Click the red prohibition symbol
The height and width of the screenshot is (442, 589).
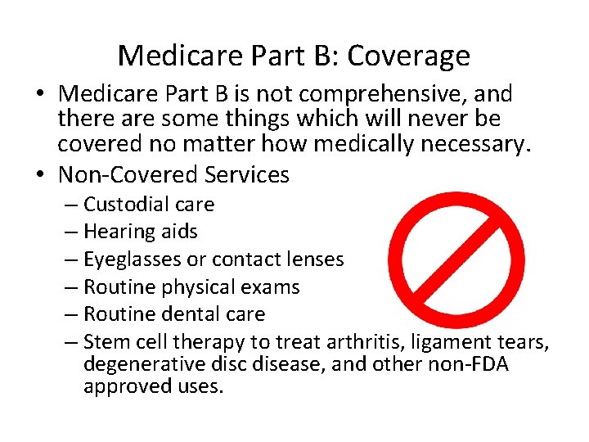coord(456,259)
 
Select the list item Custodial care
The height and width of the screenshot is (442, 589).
coord(148,205)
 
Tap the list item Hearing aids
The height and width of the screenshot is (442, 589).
coord(140,232)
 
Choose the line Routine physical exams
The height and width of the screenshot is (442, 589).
coord(191,287)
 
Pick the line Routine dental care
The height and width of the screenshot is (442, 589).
coord(173,314)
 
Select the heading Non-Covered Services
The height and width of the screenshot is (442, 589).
coord(173,175)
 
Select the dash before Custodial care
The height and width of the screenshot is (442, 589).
coord(71,205)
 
